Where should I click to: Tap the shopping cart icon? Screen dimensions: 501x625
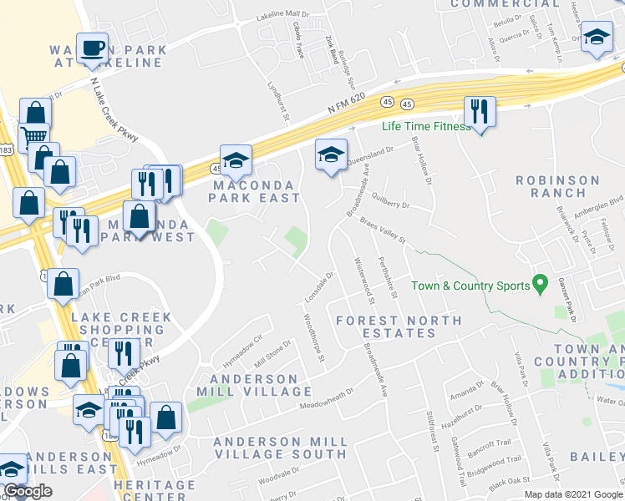(x=34, y=136)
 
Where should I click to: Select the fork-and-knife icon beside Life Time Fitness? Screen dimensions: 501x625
(x=480, y=110)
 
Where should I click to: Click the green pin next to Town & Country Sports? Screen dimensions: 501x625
(x=541, y=286)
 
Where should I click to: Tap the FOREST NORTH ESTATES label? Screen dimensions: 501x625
(x=399, y=326)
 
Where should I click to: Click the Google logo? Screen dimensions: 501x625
(x=28, y=491)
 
